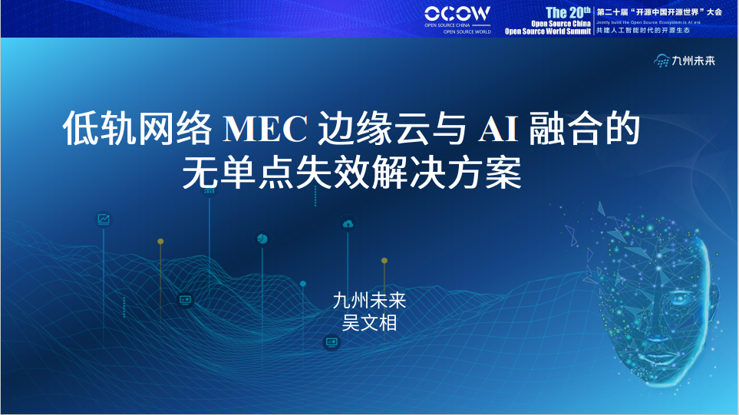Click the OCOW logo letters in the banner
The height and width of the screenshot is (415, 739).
(457, 13)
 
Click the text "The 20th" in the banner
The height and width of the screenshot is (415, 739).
(567, 12)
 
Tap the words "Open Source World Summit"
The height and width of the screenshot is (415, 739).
(548, 31)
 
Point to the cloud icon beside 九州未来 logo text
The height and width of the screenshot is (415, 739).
(661, 61)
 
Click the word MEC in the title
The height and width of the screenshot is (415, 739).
(263, 128)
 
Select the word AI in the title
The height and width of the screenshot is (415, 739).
(497, 128)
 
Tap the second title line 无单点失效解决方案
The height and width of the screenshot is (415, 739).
(351, 173)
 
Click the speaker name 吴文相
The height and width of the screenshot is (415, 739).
(369, 322)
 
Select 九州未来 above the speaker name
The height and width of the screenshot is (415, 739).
(369, 300)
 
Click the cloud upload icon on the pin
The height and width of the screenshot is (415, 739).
(348, 224)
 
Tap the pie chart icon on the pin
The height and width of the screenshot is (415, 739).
(262, 239)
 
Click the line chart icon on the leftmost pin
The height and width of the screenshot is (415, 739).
(104, 219)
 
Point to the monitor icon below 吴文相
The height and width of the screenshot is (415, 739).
(332, 342)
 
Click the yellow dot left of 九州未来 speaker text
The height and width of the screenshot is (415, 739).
(384, 261)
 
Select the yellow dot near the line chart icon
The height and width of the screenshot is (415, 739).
(160, 242)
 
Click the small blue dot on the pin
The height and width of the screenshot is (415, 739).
(303, 284)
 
